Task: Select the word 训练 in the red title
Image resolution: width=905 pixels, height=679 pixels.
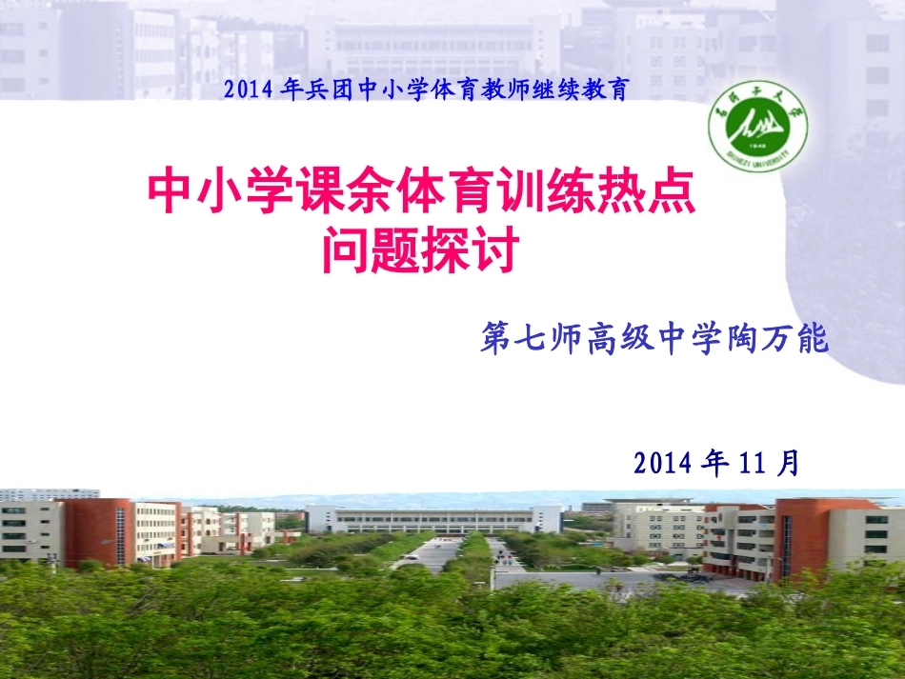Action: pyautogui.click(x=556, y=193)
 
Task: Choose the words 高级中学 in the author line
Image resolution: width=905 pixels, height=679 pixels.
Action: pyautogui.click(x=655, y=340)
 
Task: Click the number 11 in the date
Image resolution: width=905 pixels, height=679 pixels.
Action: pyautogui.click(x=752, y=464)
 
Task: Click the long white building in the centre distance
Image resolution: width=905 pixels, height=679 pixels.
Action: pyautogui.click(x=433, y=520)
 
